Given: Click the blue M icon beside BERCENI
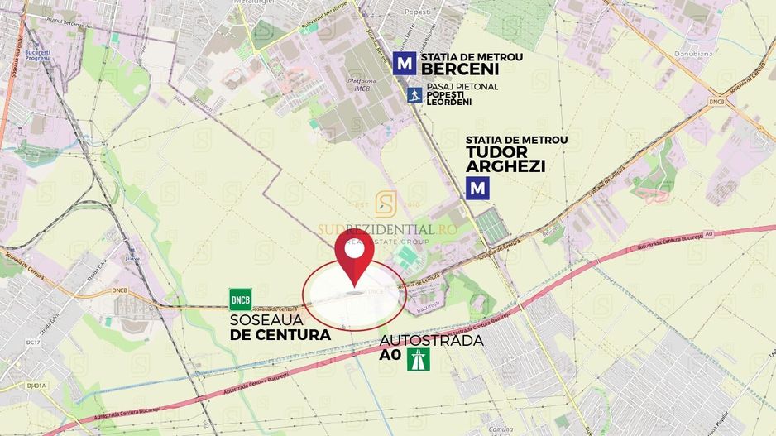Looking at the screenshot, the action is pos(404,64).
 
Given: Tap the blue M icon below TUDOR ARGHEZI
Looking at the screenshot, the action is pos(477,189).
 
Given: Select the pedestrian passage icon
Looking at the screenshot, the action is pos(414,95).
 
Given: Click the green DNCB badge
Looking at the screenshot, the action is pos(241,299).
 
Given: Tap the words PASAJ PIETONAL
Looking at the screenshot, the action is pos(462,87).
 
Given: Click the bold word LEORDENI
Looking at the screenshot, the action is pos(448,103).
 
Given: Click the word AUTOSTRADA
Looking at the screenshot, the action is pos(431,341).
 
